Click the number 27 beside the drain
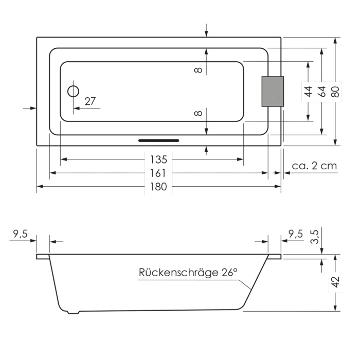point(90,101)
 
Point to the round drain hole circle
point(74,92)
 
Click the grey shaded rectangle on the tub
point(273,92)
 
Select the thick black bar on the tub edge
point(159,139)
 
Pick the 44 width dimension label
point(308,92)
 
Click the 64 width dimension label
point(322,92)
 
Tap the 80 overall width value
point(335,92)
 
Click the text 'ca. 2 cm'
point(314,166)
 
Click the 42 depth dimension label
point(335,282)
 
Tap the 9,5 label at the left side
point(20,234)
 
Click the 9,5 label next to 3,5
point(295,234)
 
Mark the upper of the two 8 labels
point(199,69)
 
